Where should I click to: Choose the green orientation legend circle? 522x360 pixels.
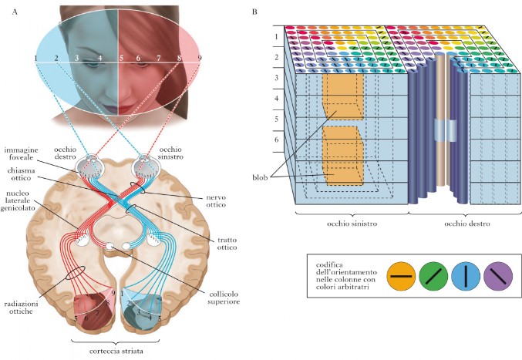433,274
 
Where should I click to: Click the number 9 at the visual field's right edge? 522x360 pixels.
199,59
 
